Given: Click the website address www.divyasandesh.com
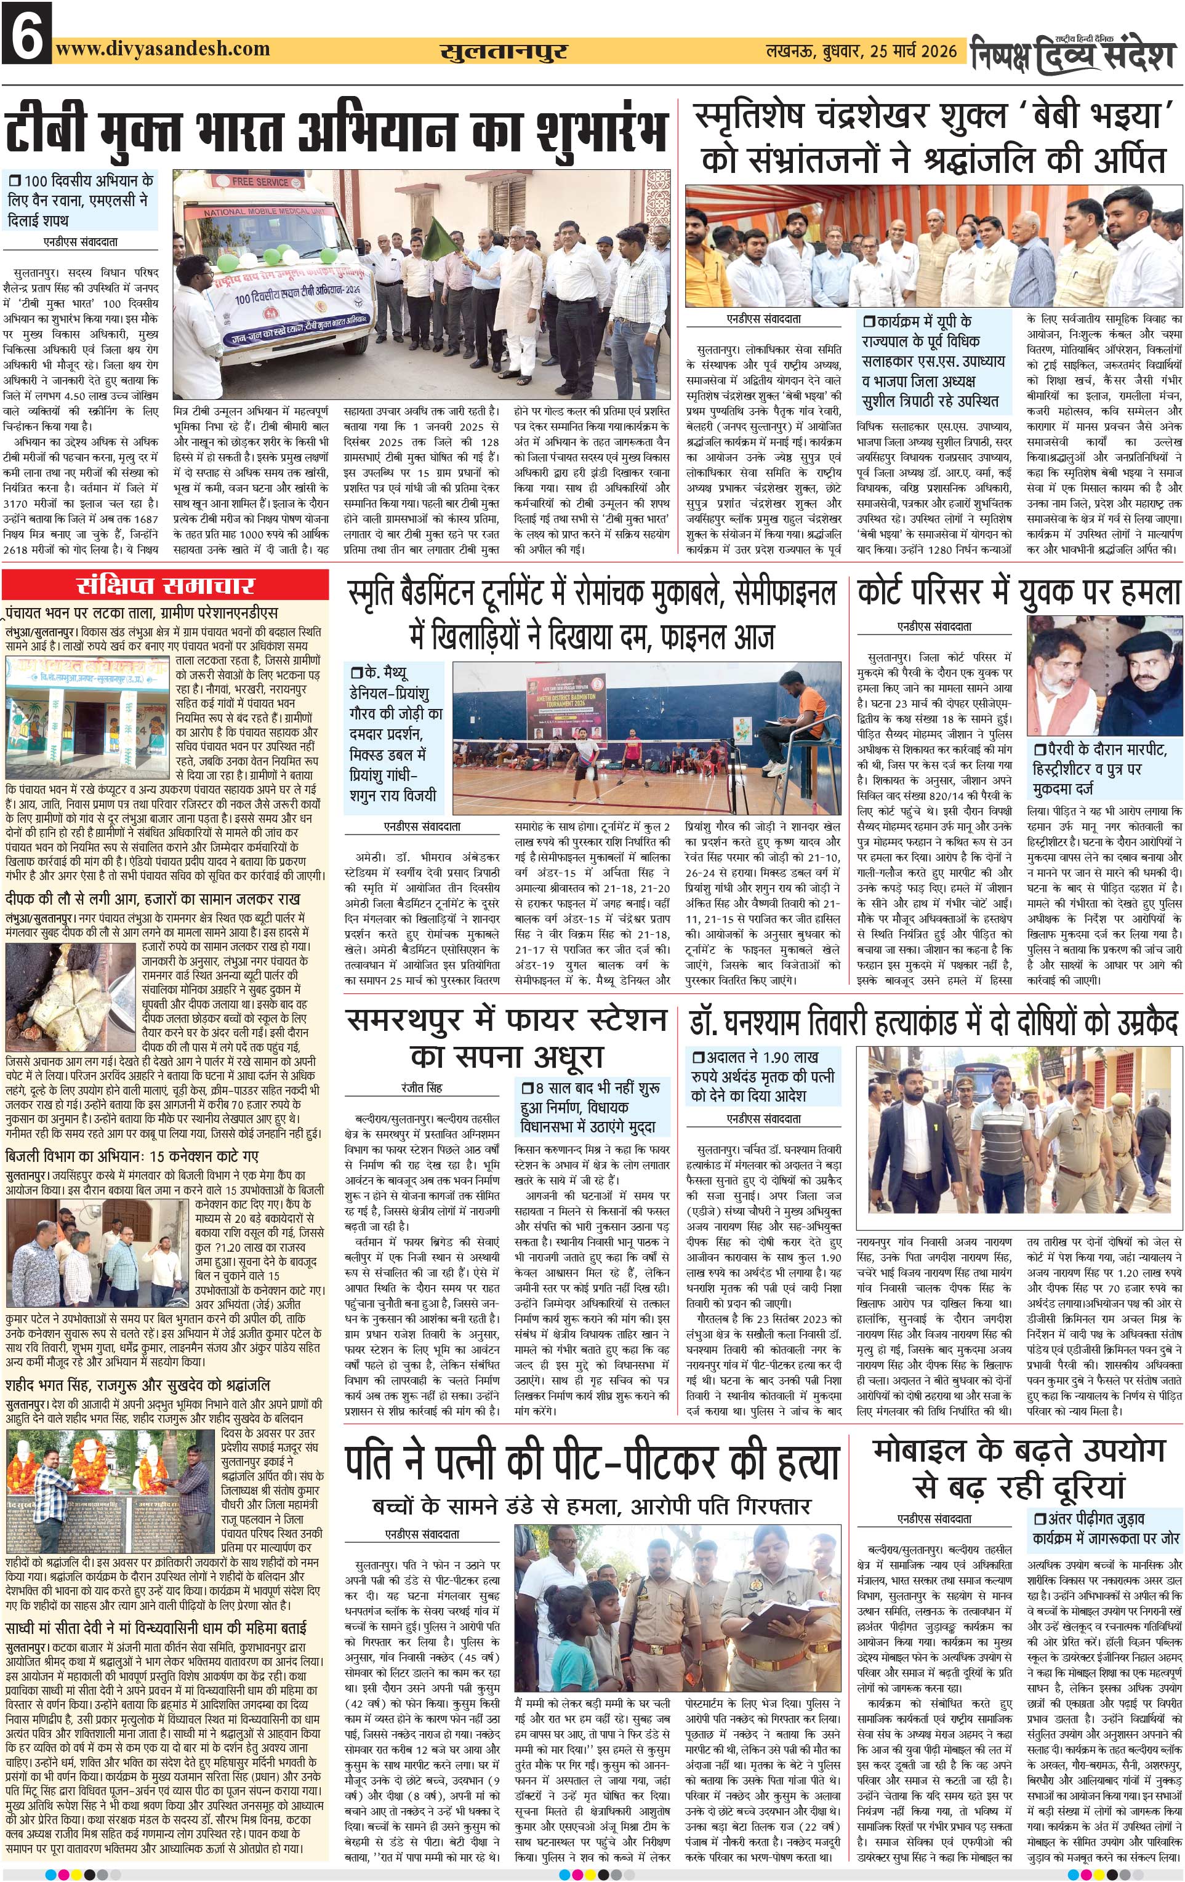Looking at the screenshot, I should (163, 49).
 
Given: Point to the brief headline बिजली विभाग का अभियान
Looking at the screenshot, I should (131, 1156).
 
